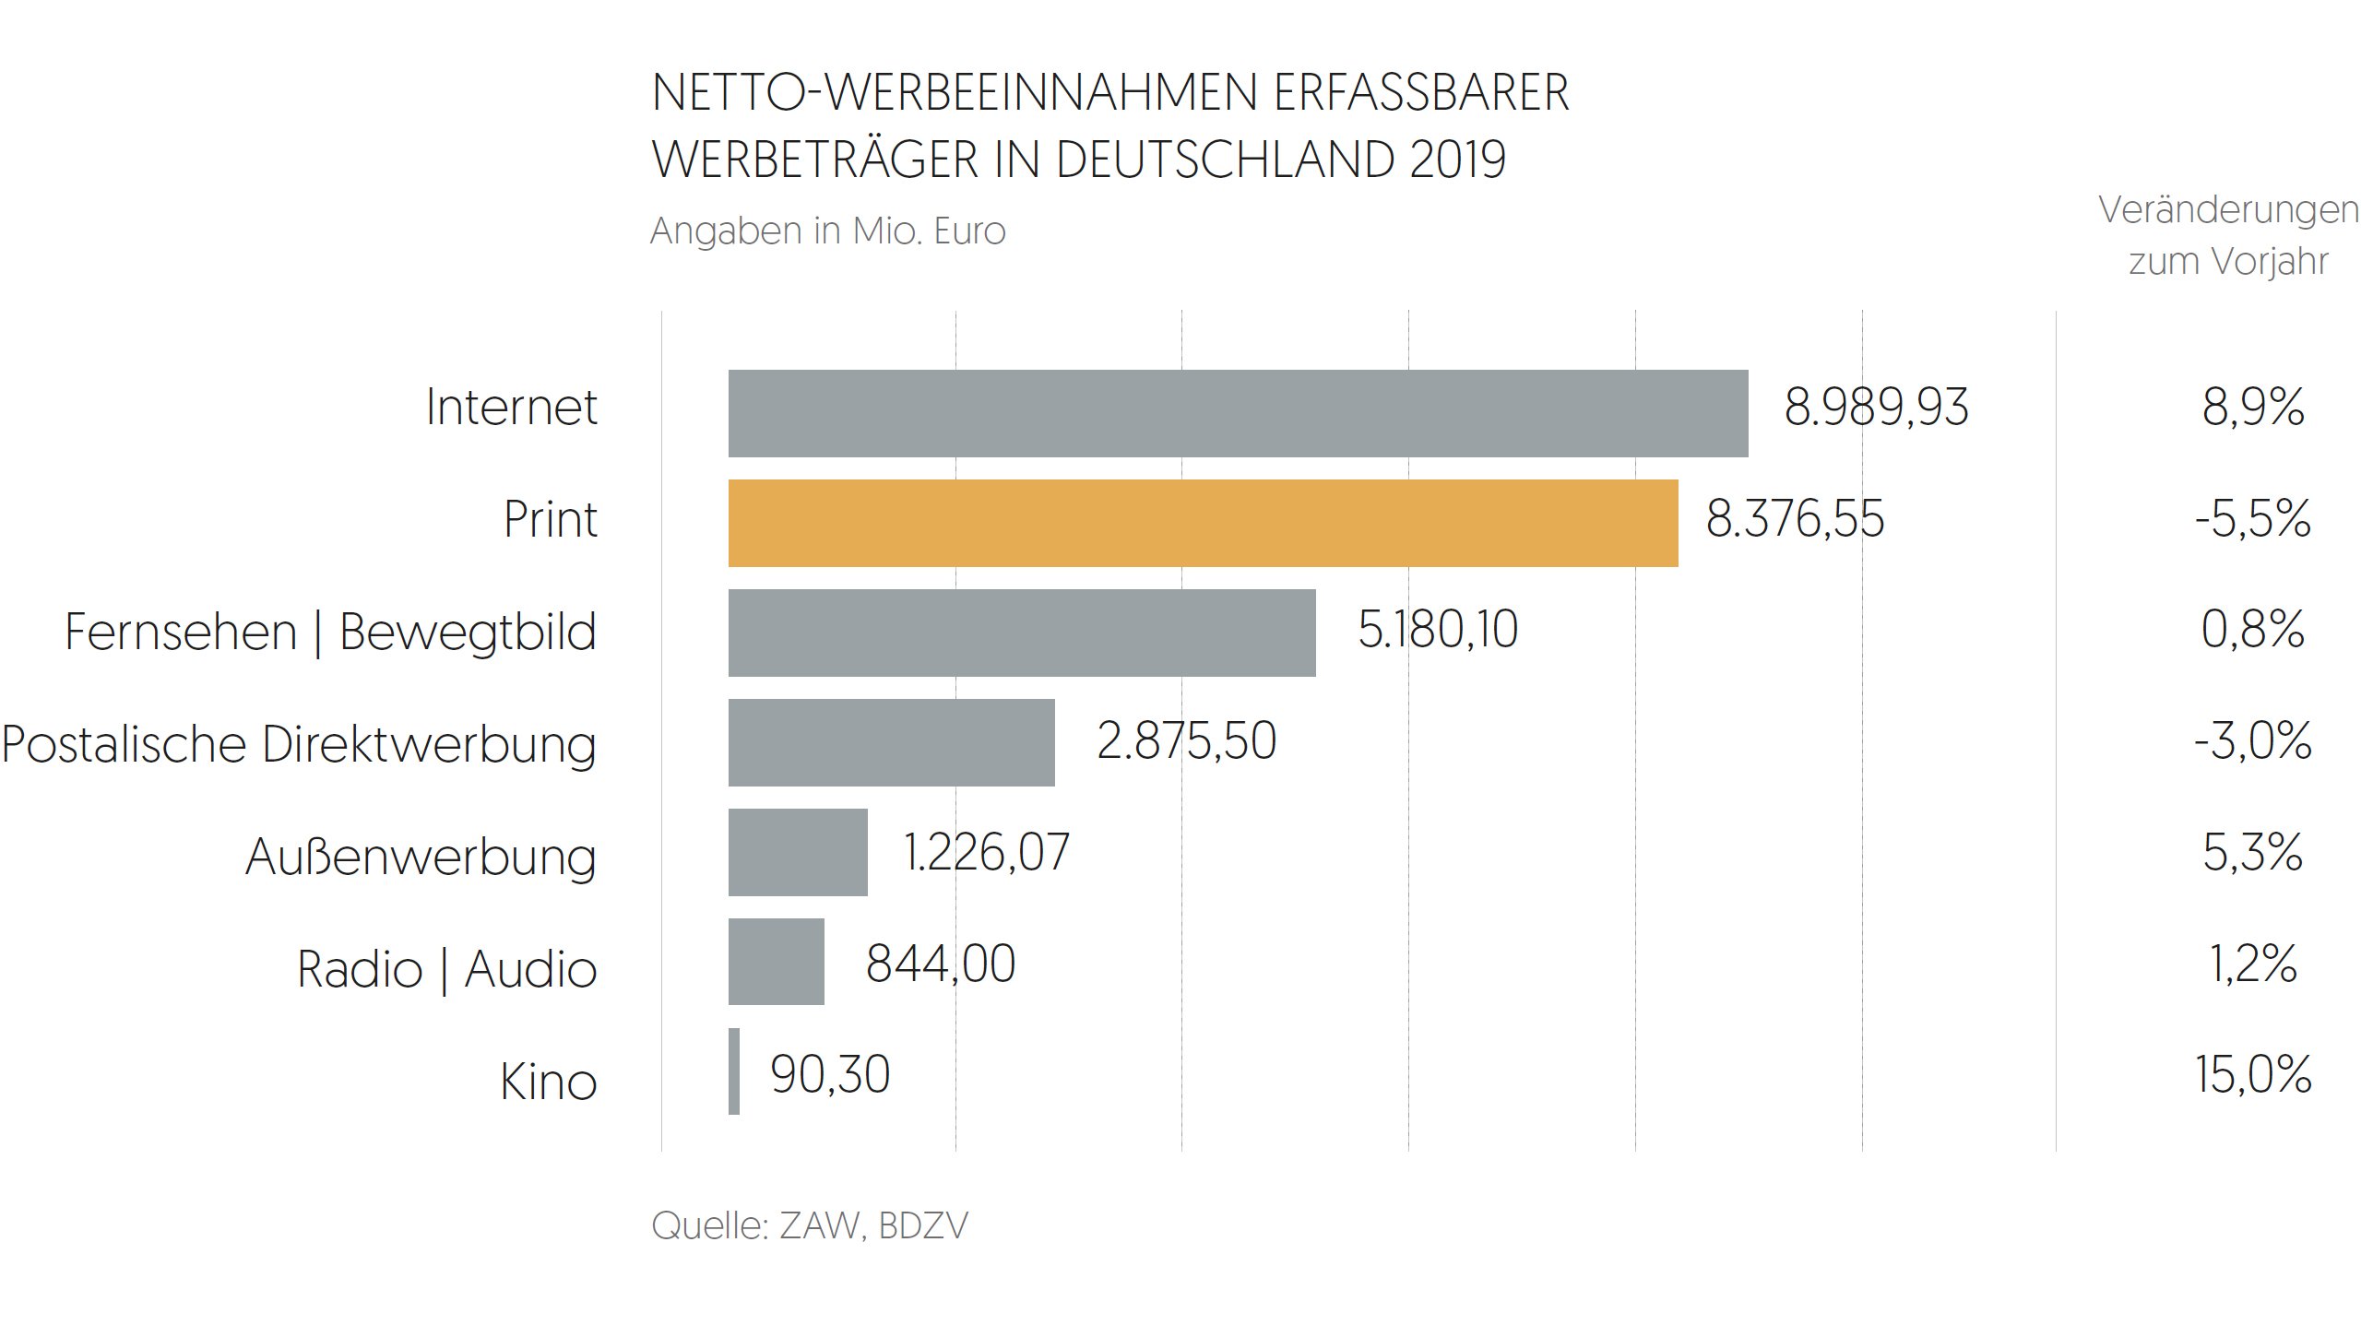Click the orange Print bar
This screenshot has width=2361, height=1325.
tap(1203, 523)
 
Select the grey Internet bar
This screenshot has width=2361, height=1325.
tap(1238, 413)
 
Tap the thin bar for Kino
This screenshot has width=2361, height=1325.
tap(734, 1071)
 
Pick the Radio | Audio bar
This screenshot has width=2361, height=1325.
tap(776, 962)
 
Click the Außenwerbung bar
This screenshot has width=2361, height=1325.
tap(798, 852)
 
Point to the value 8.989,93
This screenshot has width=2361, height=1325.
tap(1876, 408)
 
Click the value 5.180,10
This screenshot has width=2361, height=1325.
tap(1437, 631)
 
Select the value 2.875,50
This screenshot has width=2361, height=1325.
tap(1186, 741)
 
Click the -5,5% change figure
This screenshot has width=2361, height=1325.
tap(2252, 519)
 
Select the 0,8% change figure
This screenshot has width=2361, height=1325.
tap(2252, 631)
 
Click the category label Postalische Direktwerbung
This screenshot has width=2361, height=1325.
tap(299, 744)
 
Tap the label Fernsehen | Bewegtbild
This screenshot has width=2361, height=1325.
tap(330, 633)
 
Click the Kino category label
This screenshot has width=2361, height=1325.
tap(548, 1081)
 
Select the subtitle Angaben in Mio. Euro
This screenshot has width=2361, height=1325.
tap(827, 231)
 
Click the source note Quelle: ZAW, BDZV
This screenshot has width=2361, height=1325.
tap(809, 1225)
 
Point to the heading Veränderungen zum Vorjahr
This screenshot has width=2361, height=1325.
tap(2227, 236)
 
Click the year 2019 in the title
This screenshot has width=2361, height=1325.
tap(1457, 160)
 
